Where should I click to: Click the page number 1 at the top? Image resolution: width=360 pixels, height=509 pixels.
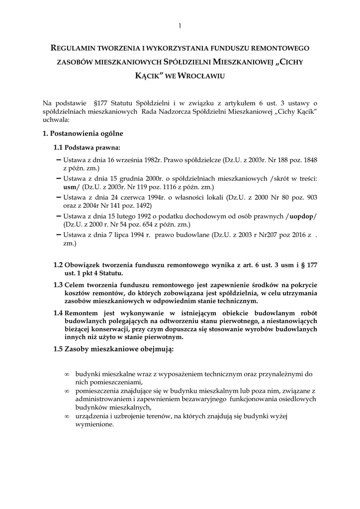(180, 25)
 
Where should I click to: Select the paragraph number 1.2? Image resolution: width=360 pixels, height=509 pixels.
(58, 265)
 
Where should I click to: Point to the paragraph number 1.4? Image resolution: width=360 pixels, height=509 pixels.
(58, 313)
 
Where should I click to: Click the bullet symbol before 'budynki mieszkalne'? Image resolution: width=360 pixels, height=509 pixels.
(67, 373)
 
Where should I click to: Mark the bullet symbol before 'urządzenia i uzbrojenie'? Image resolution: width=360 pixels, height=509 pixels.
(67, 417)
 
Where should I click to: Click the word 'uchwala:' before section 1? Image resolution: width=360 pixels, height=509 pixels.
(56, 120)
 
